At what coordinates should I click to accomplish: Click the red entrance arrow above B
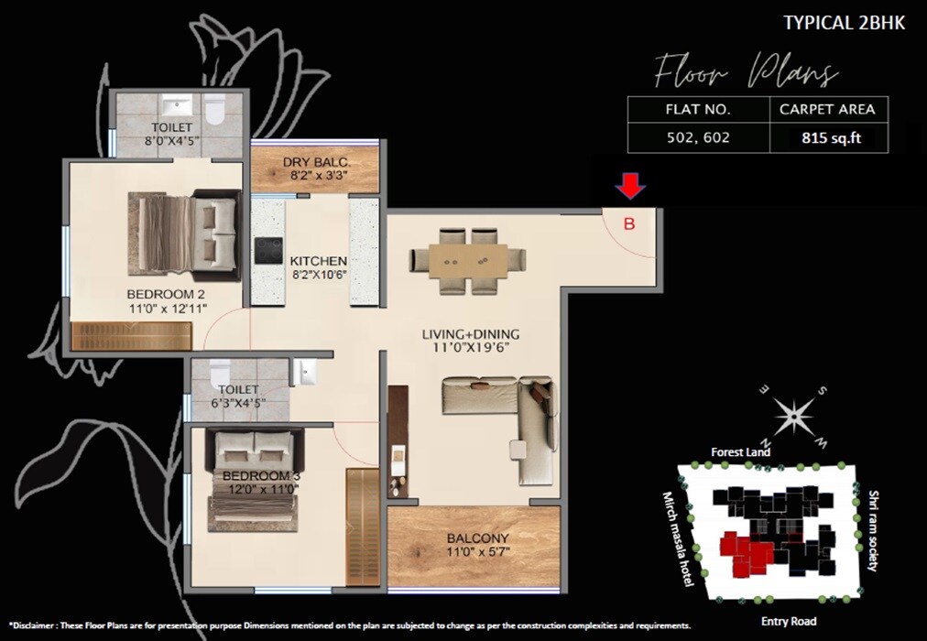tap(628, 188)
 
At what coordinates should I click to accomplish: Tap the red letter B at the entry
tap(629, 223)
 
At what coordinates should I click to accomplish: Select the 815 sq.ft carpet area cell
tap(826, 138)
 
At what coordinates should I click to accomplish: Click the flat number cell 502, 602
tap(697, 138)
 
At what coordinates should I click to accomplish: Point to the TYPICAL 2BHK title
tap(844, 23)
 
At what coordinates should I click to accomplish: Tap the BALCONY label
tap(477, 538)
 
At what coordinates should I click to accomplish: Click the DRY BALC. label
tap(316, 164)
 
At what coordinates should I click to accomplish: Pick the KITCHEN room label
tap(319, 260)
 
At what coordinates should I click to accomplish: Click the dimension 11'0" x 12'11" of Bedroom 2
tap(167, 310)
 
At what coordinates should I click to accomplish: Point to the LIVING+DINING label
tap(471, 333)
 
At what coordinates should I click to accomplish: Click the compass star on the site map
tap(793, 414)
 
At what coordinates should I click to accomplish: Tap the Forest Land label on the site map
tap(740, 452)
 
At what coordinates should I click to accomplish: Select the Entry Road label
tap(788, 622)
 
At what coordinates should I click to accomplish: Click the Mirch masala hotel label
tap(679, 540)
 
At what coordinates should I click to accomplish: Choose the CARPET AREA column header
tap(826, 109)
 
